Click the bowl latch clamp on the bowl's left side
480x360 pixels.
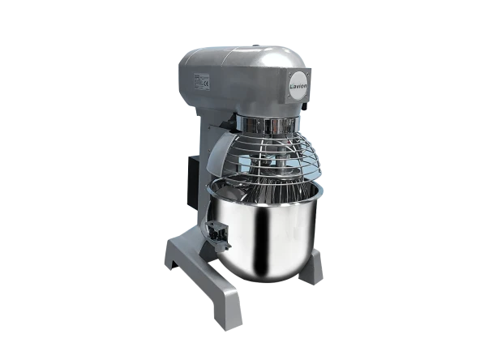(x=215, y=234)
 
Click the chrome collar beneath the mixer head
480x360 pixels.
(x=264, y=126)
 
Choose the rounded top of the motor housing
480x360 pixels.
(x=243, y=54)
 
